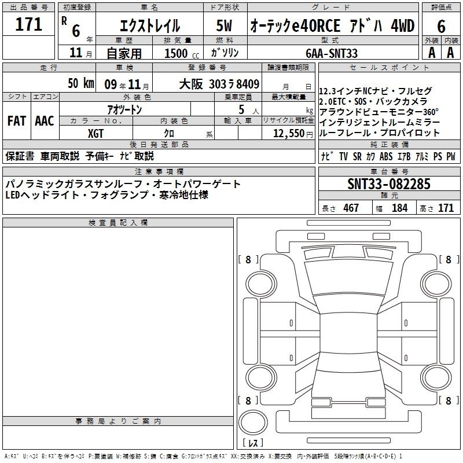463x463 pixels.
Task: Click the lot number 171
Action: pos(28,24)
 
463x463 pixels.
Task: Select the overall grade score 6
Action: pos(441,27)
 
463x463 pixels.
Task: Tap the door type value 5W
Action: pos(224,25)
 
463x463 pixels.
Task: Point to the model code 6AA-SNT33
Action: pos(332,53)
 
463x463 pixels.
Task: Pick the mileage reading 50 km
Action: pos(81,83)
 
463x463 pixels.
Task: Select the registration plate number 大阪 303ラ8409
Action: pos(219,84)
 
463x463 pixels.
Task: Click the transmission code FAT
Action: pos(17,121)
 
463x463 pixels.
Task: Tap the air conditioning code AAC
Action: pos(45,121)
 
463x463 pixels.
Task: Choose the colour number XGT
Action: pos(95,134)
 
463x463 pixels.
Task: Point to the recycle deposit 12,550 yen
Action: pos(293,134)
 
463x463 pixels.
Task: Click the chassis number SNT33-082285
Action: pos(389,184)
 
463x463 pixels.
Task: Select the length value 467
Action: pos(351,208)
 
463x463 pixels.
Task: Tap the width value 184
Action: pos(399,208)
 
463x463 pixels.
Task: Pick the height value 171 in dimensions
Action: pos(446,208)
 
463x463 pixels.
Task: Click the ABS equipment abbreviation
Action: pos(386,156)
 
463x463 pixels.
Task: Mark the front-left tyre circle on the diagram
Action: pos(261,284)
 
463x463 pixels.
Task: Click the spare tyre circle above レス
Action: pos(253,422)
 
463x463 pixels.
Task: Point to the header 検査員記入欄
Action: pos(118,223)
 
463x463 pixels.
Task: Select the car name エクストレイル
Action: pos(150,25)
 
